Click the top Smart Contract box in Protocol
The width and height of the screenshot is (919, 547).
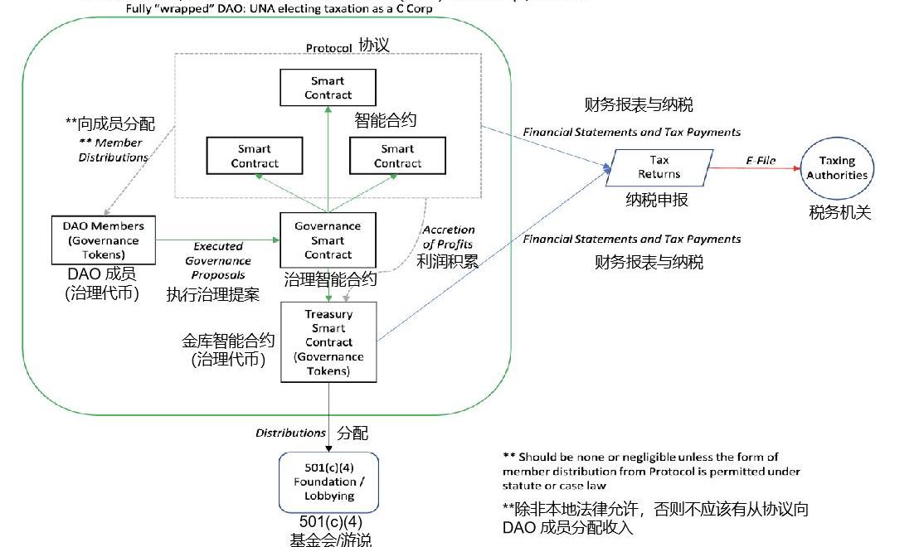328,88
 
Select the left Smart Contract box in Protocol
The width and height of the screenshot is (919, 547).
255,156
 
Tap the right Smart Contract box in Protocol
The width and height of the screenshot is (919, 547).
397,156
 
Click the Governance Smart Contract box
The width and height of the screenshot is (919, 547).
328,240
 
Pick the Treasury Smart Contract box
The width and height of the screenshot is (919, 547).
328,341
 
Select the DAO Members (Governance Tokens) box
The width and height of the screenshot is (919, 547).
103,240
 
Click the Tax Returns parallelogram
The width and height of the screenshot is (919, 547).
659,167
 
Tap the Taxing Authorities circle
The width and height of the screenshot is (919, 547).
837,167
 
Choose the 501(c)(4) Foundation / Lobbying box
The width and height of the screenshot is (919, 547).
328,482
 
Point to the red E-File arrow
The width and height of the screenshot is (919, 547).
755,167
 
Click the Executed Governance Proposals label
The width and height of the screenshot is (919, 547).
218,260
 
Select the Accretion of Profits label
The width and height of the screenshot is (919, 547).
448,237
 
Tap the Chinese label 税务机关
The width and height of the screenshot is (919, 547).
840,212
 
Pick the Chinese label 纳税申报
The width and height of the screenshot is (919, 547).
657,200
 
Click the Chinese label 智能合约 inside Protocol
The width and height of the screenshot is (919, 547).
386,120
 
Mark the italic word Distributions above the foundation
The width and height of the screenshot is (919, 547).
290,433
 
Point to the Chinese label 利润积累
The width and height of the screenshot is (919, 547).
448,263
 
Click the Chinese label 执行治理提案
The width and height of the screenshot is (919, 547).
213,294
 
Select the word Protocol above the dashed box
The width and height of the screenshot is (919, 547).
328,48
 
